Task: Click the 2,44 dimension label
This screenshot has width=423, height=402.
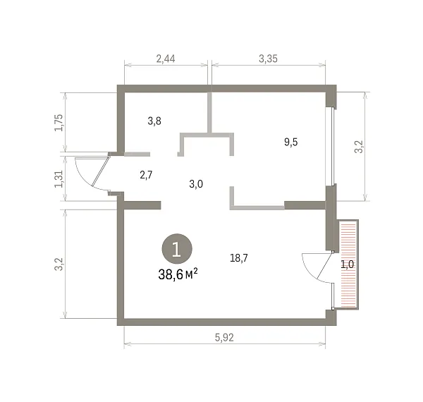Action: click(x=166, y=59)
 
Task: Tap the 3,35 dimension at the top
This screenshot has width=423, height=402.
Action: click(x=268, y=59)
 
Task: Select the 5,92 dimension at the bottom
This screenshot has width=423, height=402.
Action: click(x=224, y=338)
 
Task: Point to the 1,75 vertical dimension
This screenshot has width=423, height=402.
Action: click(x=59, y=123)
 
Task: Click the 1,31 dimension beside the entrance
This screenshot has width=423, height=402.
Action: click(x=59, y=179)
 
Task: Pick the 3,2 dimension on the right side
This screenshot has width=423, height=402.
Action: click(x=359, y=147)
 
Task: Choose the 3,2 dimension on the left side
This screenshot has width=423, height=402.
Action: click(x=59, y=264)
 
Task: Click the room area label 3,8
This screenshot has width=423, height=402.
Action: click(x=154, y=121)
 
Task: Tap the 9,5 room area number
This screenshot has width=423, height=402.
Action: click(x=290, y=142)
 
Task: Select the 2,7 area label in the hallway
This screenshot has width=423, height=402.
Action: click(x=146, y=175)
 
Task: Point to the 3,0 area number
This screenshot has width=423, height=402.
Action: click(x=196, y=184)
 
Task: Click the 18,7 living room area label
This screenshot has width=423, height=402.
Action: click(x=239, y=258)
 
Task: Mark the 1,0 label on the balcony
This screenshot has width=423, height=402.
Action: click(x=347, y=264)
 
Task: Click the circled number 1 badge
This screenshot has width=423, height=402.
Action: click(x=177, y=249)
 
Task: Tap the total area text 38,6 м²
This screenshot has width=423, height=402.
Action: click(x=178, y=274)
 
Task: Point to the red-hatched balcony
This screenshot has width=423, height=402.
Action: click(x=348, y=264)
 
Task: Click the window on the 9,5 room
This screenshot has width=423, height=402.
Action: click(x=333, y=147)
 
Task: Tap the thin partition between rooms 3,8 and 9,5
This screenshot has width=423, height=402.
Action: click(x=209, y=112)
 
